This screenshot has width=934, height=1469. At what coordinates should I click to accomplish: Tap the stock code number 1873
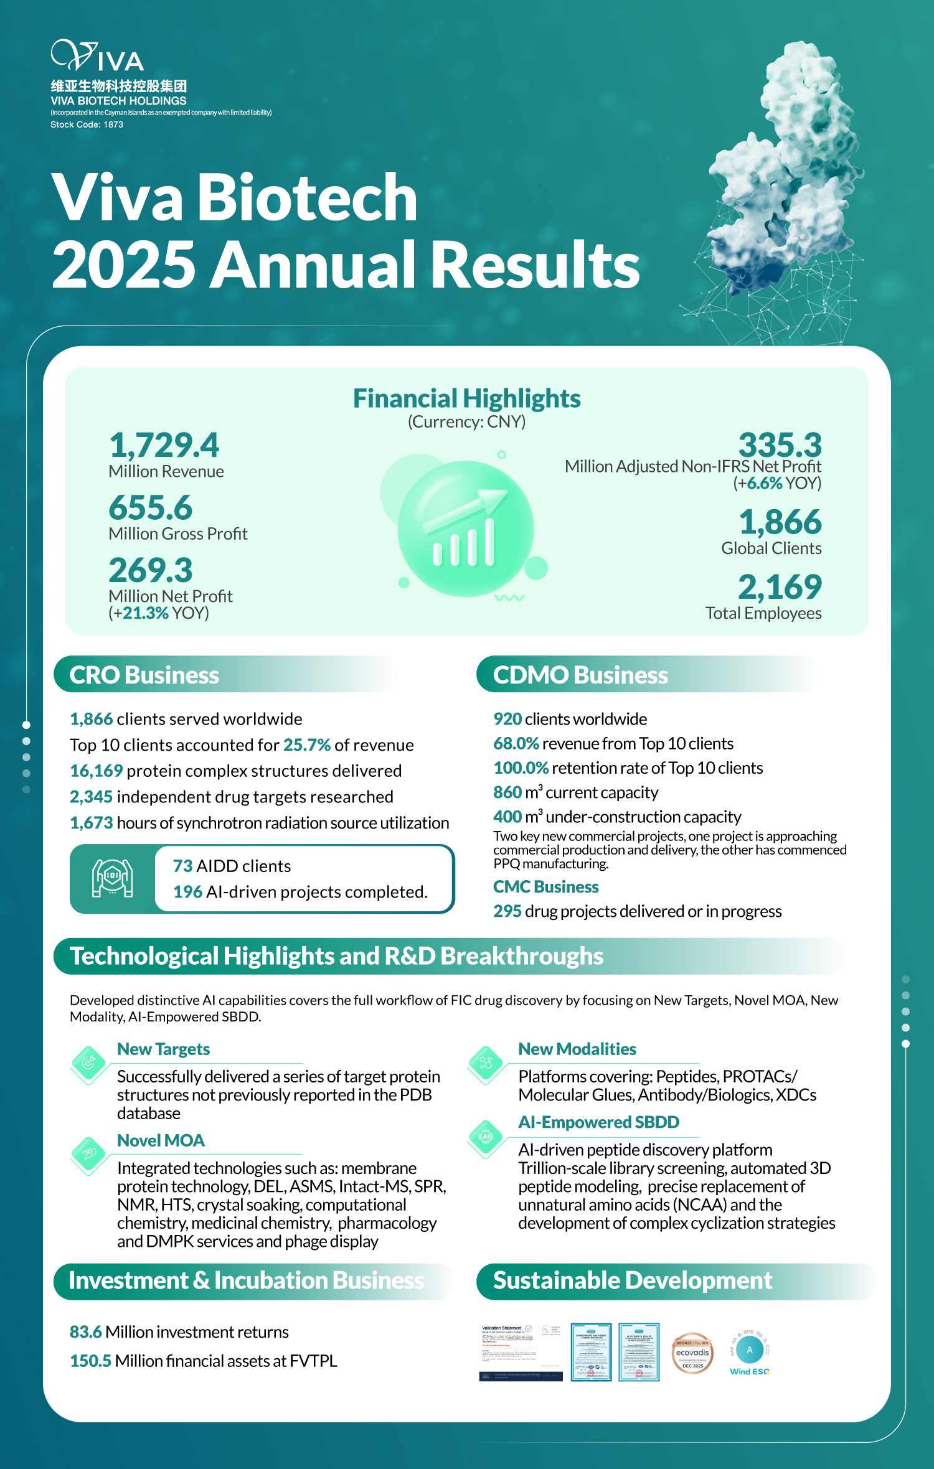(x=113, y=124)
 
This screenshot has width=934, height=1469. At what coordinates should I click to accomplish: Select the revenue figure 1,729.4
(x=164, y=445)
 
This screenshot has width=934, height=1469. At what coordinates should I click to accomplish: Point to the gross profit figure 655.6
(x=151, y=507)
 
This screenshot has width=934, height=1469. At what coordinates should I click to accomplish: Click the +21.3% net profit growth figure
(x=146, y=613)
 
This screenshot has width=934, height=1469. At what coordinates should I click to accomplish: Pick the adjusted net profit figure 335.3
(x=780, y=445)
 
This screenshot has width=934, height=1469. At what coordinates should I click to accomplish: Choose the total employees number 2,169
(x=780, y=586)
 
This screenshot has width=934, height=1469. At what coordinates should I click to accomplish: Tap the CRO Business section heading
(x=144, y=675)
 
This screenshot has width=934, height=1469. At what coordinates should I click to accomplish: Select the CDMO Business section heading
(x=580, y=675)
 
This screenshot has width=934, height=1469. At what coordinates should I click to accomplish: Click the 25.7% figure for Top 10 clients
(x=307, y=745)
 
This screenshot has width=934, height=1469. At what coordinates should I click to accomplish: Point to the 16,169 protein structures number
(x=97, y=771)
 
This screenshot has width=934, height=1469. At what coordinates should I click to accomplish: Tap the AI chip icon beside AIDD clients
(x=112, y=878)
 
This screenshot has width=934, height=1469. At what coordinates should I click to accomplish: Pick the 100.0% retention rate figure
(x=521, y=768)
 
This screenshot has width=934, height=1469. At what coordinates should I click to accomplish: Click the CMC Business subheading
(x=546, y=886)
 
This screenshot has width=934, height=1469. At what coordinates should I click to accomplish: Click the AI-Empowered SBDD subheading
(x=599, y=1122)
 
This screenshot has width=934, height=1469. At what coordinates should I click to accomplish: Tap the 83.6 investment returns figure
(x=86, y=1332)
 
